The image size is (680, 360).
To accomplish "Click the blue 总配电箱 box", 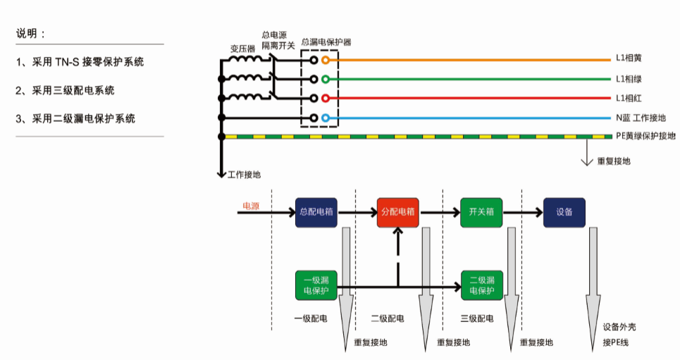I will click(316, 211).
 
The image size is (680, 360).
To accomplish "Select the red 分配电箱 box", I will click(398, 211).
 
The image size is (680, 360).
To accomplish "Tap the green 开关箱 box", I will click(481, 211).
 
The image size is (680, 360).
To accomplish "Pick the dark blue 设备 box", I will click(564, 211).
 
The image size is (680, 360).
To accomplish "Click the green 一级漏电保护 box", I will click(316, 285).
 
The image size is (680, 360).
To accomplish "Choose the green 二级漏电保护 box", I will click(481, 285).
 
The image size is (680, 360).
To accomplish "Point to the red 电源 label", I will click(251, 206).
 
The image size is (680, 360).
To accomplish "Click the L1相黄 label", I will click(629, 59).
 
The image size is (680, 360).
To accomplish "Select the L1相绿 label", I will click(629, 79).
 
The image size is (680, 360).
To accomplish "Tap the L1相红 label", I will click(629, 98).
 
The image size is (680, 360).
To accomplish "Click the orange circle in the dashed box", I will click(325, 61).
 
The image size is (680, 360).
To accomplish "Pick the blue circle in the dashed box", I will click(325, 118).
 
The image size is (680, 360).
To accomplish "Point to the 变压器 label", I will click(242, 49).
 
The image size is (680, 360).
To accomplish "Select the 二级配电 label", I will click(388, 319).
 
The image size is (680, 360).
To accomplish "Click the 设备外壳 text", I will click(619, 328).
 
